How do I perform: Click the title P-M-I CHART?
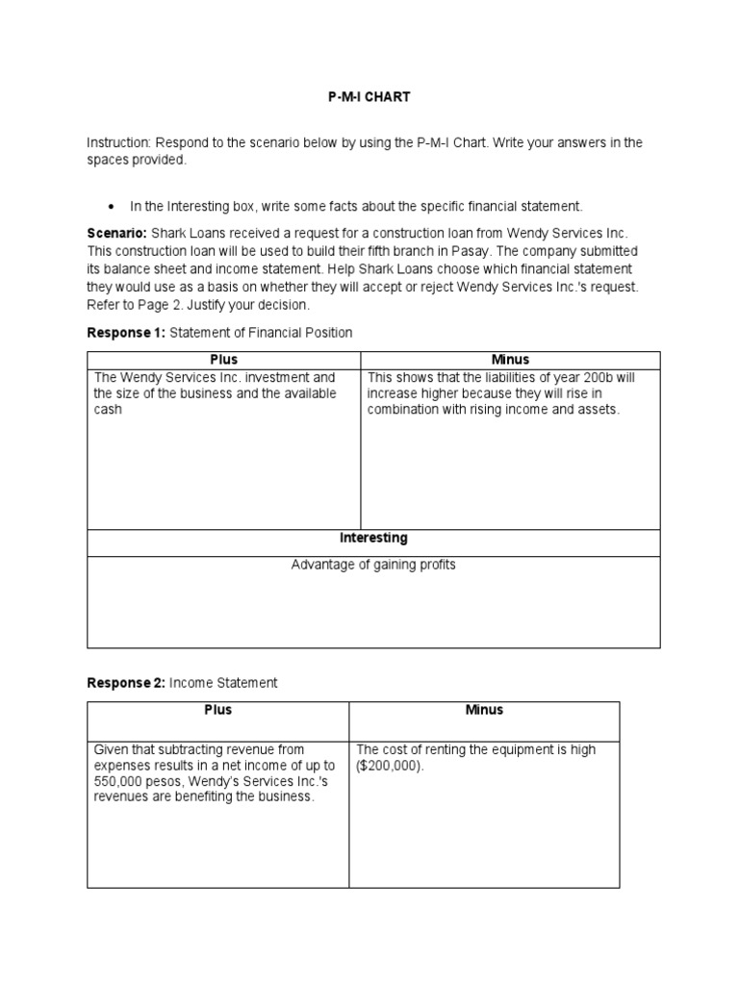point(369,98)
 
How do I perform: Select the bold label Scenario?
point(116,234)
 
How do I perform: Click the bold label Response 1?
point(126,333)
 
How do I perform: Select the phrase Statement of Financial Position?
point(261,333)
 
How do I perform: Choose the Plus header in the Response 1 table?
point(223,360)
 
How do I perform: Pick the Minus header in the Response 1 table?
point(509,360)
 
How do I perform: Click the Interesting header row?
point(373,539)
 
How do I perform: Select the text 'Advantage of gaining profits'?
point(373,566)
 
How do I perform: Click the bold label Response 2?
point(126,683)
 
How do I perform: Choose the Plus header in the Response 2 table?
point(217,711)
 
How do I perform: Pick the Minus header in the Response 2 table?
point(484,711)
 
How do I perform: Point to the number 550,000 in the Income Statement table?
point(118,782)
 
